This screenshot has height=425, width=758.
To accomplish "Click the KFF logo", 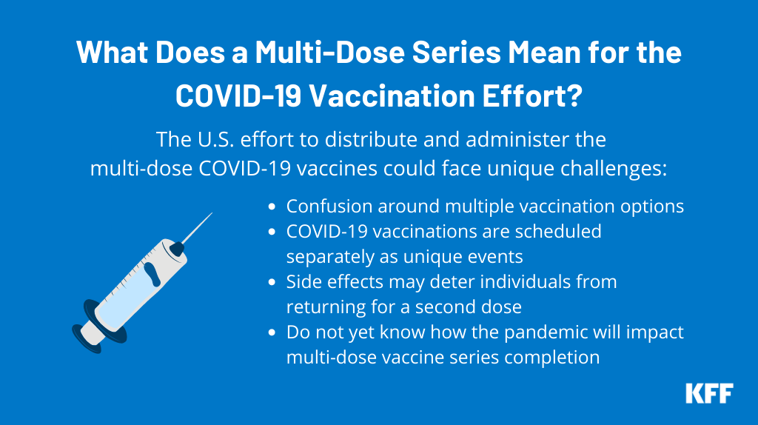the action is pyautogui.click(x=709, y=393).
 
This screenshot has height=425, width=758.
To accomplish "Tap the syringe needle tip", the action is pyautogui.click(x=212, y=212).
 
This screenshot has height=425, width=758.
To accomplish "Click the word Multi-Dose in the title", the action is pyautogui.click(x=329, y=52).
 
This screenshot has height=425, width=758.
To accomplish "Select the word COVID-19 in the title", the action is pyautogui.click(x=238, y=96).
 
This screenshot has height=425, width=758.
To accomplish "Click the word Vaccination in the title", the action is pyautogui.click(x=392, y=96).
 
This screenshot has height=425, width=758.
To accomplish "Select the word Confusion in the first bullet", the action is pyautogui.click(x=329, y=207).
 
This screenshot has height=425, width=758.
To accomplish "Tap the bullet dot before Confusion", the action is pyautogui.click(x=272, y=207).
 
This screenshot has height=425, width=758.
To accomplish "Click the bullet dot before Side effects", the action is pyautogui.click(x=272, y=282).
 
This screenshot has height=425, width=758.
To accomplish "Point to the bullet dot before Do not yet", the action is pyautogui.click(x=272, y=332).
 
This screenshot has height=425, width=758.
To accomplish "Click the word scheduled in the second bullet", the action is pyautogui.click(x=558, y=232).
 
